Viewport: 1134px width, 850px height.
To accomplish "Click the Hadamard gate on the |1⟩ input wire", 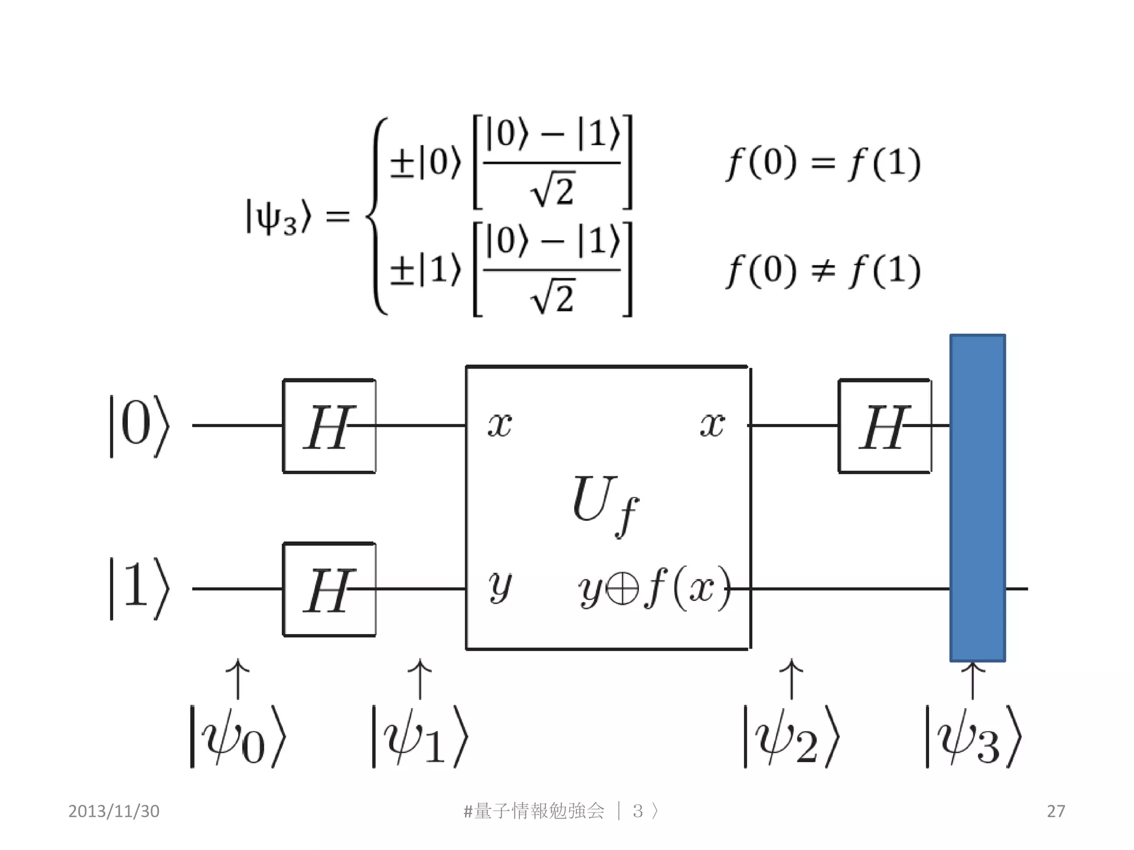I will click(329, 590).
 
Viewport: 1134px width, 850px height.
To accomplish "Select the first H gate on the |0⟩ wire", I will click(329, 426).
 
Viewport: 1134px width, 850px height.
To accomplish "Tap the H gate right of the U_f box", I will click(885, 426).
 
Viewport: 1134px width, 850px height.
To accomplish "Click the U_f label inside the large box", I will click(605, 504).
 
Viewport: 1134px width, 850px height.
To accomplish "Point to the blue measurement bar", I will click(977, 498).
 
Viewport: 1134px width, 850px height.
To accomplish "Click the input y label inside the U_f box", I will click(499, 587).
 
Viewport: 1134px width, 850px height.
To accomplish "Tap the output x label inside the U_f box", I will click(712, 425).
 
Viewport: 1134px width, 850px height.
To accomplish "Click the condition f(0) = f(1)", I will click(823, 164).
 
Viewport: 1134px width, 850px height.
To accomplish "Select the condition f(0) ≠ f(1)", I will click(823, 271).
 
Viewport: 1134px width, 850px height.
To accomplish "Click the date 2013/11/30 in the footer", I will click(114, 811).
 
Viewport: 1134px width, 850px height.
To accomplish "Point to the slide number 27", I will click(1055, 811).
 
